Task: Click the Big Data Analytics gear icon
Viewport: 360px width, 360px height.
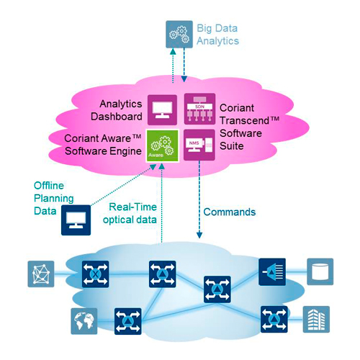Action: (179, 35)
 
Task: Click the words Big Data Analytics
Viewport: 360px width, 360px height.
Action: (217, 35)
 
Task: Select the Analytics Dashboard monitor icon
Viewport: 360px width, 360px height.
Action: (162, 110)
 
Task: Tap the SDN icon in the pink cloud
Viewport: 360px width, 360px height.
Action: (199, 109)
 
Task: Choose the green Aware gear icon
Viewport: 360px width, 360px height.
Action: (163, 145)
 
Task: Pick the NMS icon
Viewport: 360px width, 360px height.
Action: (199, 145)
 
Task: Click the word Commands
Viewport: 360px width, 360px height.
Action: (230, 212)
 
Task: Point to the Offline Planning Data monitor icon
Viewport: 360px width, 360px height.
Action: (76, 220)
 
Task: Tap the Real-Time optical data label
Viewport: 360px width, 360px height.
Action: (130, 213)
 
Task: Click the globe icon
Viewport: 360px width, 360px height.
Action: (84, 321)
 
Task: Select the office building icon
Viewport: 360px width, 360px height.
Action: (316, 319)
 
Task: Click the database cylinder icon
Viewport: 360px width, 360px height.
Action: (320, 271)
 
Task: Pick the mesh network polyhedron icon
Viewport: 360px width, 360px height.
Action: (41, 274)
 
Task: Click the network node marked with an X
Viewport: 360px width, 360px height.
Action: (95, 274)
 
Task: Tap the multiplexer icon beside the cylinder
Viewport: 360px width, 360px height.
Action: (272, 272)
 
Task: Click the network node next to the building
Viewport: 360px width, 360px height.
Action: (274, 319)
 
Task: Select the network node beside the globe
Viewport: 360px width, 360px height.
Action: (128, 321)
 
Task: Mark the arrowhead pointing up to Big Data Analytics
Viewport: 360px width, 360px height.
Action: (173, 52)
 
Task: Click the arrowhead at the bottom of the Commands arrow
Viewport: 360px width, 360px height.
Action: (199, 235)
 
